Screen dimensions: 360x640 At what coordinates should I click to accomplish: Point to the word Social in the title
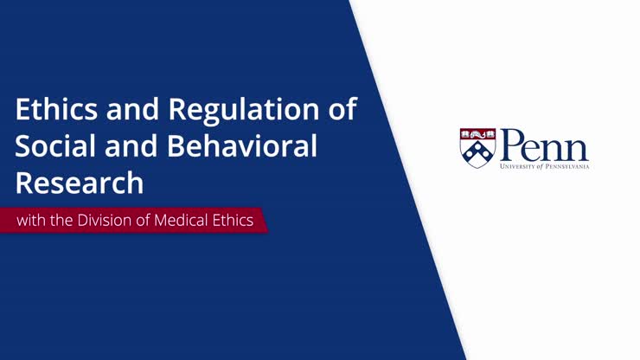[53, 147]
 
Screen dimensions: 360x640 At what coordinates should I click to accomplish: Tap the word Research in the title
[79, 183]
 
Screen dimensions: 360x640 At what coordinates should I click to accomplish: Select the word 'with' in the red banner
[32, 221]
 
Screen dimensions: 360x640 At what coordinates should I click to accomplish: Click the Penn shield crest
[477, 148]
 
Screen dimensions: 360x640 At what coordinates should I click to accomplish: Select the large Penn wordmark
[544, 144]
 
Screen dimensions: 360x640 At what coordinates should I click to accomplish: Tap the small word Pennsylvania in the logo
[567, 164]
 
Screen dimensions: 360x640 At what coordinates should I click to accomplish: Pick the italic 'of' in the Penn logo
[540, 164]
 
